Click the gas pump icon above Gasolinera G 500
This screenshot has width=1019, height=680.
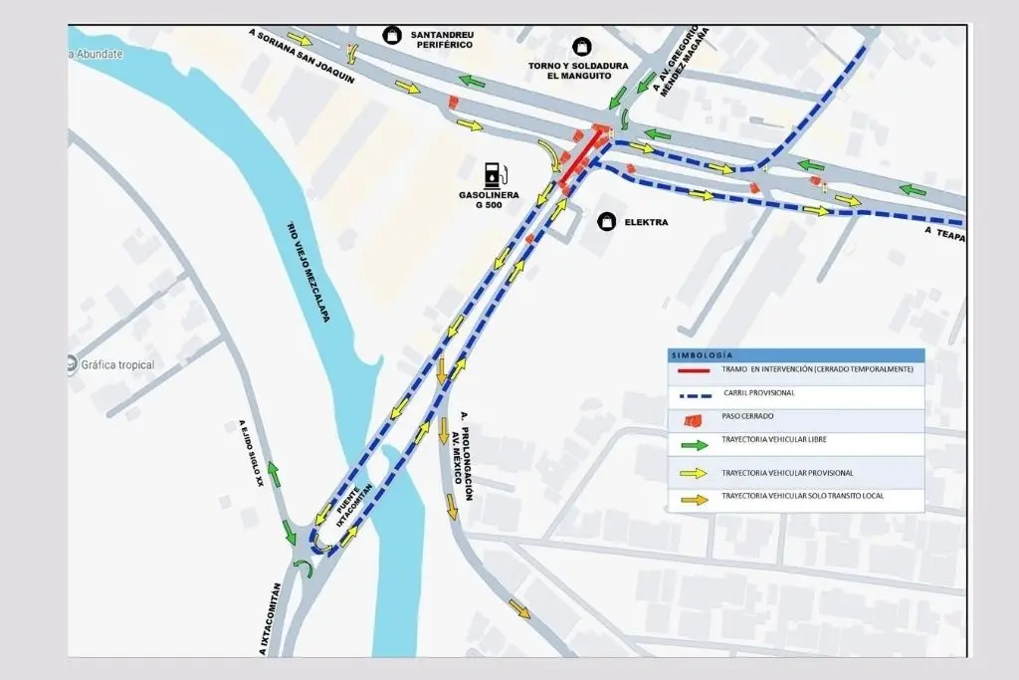pyautogui.click(x=492, y=174)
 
